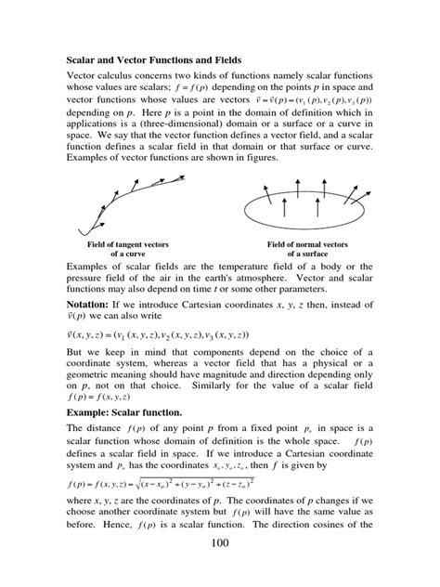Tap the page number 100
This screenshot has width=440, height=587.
219,567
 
